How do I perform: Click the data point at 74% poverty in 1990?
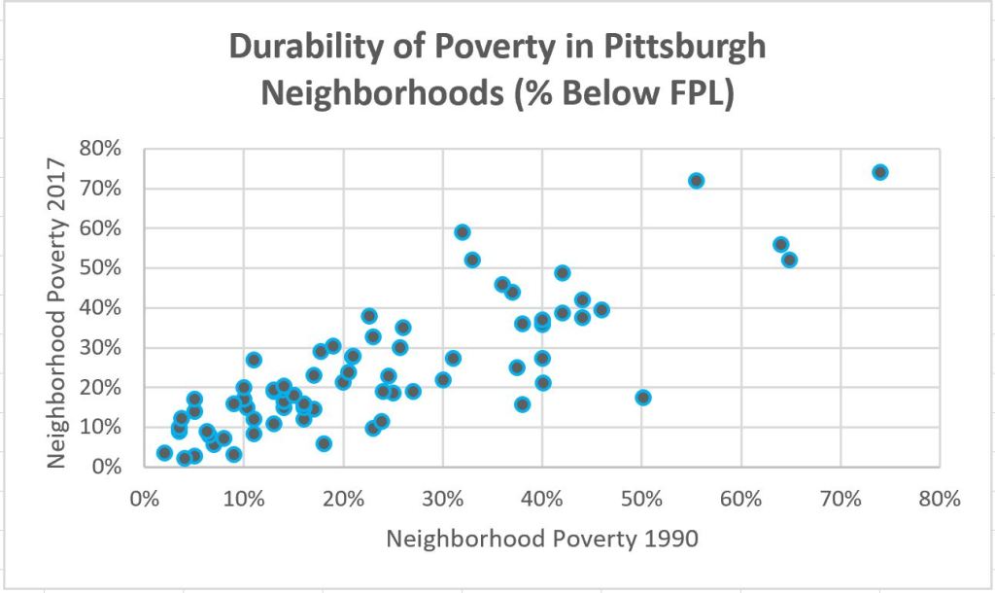pos(880,172)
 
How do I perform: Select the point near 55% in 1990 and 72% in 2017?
pos(696,181)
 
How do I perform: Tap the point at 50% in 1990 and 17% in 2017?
pos(642,398)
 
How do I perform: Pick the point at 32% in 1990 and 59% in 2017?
pos(463,232)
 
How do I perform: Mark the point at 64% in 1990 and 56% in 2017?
pos(780,244)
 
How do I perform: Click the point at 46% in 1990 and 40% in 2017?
pos(601,309)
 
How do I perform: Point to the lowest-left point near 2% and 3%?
pos(164,453)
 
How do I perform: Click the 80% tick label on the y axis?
pos(101,149)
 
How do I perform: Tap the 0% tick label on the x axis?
pos(144,499)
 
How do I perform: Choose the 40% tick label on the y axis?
pos(101,308)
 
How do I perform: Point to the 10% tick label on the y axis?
pos(101,428)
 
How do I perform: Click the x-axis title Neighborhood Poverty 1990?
pos(542,539)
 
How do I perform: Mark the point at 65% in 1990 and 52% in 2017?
pos(789,260)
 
